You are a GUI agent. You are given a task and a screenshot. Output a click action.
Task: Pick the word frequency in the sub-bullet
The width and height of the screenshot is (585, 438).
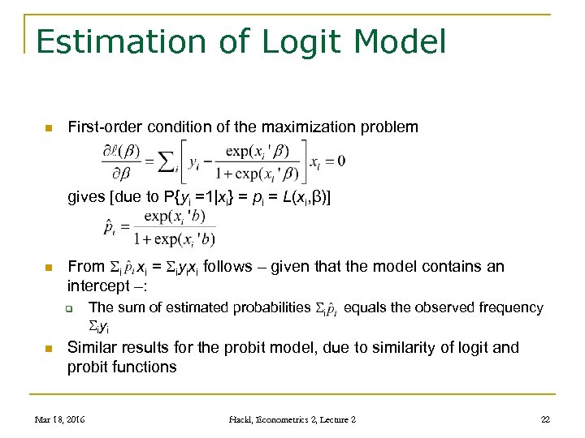click(511, 307)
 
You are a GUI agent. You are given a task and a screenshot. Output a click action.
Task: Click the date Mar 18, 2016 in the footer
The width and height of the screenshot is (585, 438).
click(60, 419)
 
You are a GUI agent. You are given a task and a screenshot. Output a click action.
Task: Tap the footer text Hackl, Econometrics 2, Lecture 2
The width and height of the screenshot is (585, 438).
click(292, 419)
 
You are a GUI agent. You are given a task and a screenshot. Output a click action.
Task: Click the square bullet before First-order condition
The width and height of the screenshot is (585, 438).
click(49, 127)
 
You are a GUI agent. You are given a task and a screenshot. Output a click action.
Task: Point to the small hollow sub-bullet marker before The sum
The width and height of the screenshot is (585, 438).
click(71, 308)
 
